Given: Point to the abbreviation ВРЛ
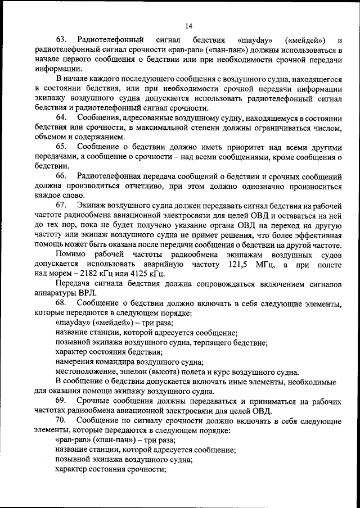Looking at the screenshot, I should [88, 293].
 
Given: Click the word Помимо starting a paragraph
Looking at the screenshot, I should [71, 255].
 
